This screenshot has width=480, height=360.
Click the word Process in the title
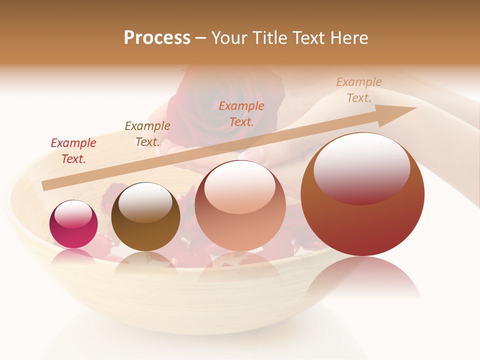157,38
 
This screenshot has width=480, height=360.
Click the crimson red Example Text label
73,151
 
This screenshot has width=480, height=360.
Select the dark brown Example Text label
147,134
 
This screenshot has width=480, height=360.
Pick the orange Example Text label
241,113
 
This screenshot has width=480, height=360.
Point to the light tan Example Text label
359,90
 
